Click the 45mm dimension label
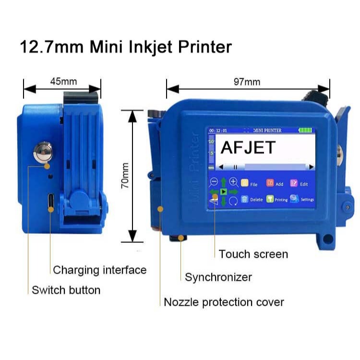63,81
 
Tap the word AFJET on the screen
248,147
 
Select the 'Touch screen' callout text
253,254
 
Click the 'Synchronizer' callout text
218,277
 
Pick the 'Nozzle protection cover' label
224,302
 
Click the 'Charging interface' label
99,270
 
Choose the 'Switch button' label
66,290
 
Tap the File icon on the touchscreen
244,183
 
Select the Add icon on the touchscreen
270,183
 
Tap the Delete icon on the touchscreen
244,199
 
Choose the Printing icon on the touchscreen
270,199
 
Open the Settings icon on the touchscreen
294,199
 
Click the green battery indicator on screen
304,130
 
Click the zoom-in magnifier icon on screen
233,181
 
